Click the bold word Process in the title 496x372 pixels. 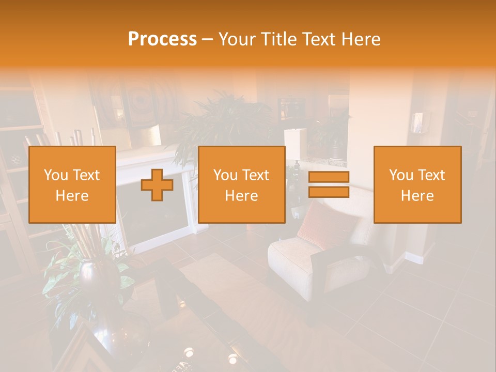[x=162, y=39]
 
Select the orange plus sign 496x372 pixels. [x=157, y=185]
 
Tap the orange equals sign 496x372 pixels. [x=329, y=184]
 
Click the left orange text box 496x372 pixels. [x=72, y=184]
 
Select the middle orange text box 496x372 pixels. [x=241, y=184]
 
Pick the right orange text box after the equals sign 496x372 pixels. [x=417, y=184]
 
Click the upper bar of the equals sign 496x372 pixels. [x=329, y=177]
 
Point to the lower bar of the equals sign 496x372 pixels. [x=329, y=192]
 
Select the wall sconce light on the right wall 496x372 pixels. [x=417, y=123]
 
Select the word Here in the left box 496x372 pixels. [x=72, y=196]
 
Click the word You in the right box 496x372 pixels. [x=401, y=175]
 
